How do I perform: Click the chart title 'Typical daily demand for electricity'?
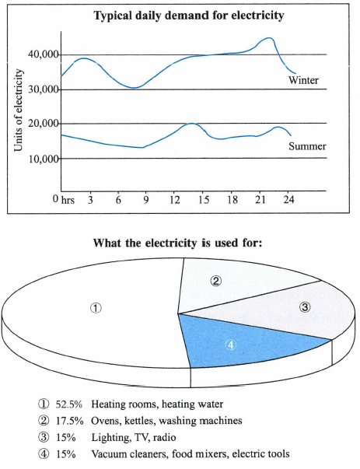pyautogui.click(x=189, y=15)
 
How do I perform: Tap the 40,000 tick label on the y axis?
pyautogui.click(x=44, y=54)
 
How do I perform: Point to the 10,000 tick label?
pyautogui.click(x=44, y=159)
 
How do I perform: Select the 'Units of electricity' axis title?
pyautogui.click(x=18, y=110)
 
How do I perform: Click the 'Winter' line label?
pyautogui.click(x=303, y=80)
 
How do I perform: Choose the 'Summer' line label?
pyautogui.click(x=307, y=146)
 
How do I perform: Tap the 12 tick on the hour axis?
pyautogui.click(x=175, y=200)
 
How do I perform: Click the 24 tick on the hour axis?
pyautogui.click(x=288, y=200)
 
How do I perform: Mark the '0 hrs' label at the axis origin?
pyautogui.click(x=64, y=200)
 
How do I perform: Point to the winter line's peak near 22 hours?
pyautogui.click(x=269, y=38)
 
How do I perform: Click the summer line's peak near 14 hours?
pyautogui.click(x=191, y=124)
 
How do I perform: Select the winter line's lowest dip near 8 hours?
pyautogui.click(x=134, y=88)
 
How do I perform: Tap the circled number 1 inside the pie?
pyautogui.click(x=96, y=308)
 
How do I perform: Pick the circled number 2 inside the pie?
pyautogui.click(x=215, y=281)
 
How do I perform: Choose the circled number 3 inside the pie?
pyautogui.click(x=305, y=307)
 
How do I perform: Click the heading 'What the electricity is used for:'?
pyautogui.click(x=177, y=243)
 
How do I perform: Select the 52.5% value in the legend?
pyautogui.click(x=68, y=404)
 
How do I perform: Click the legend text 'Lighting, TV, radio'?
pyautogui.click(x=134, y=438)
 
